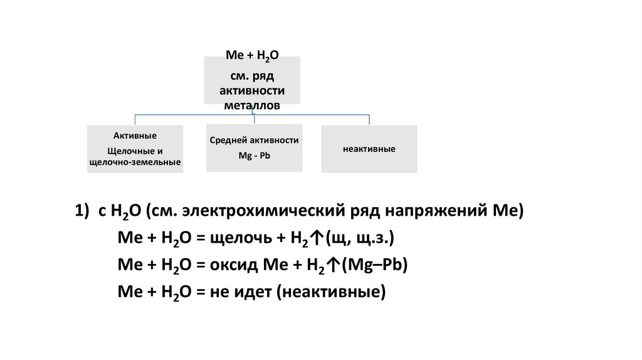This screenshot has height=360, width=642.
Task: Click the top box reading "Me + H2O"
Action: coord(251,80)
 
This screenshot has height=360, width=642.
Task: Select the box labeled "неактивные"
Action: coord(369,149)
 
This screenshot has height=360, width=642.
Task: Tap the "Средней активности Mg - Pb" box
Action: coord(254,148)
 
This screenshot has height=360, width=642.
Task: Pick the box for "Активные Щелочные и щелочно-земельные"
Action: coord(135,149)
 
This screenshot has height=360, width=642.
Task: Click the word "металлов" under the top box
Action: coord(251,105)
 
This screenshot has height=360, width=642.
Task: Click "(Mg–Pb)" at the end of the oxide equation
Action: coord(375,265)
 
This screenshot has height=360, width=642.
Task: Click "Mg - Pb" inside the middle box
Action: coord(254,155)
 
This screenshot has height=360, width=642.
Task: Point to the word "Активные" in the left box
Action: coord(135,135)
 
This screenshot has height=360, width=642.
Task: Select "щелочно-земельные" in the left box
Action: coord(135,163)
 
